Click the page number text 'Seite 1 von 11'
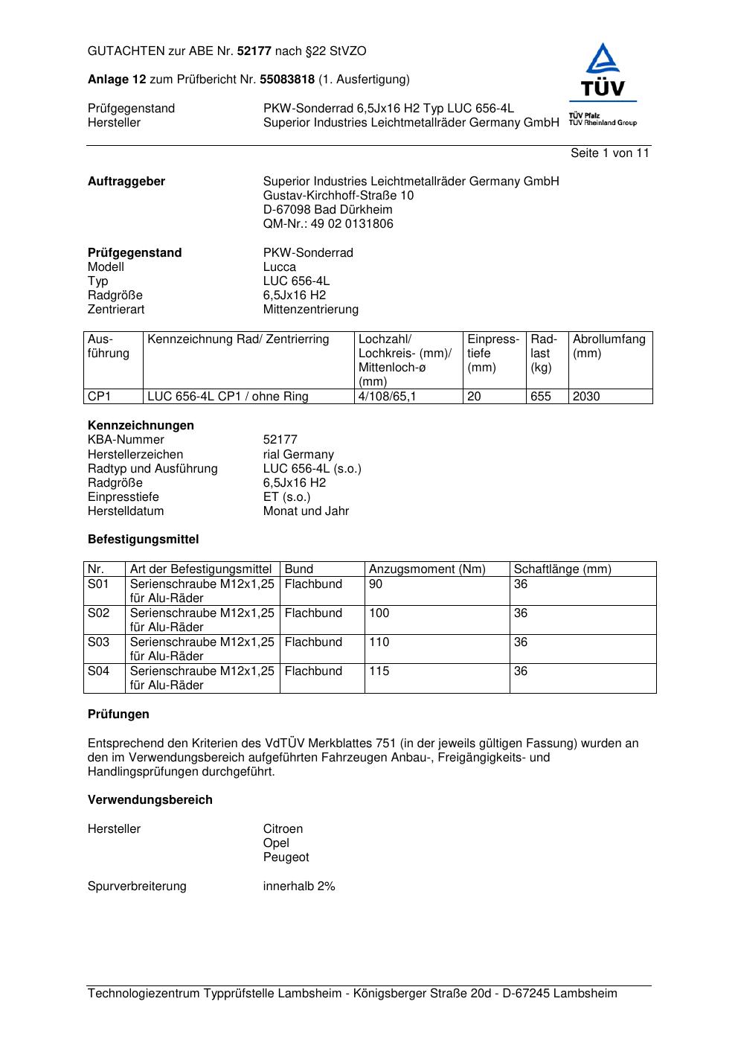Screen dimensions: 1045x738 coord(609,153)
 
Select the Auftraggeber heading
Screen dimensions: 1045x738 coord(126,182)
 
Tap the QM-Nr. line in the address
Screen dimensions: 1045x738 coord(328,224)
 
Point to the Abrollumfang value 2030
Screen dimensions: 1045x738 coord(586,397)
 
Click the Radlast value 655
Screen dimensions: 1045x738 coord(541,397)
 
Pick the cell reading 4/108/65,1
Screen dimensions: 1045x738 coord(387,397)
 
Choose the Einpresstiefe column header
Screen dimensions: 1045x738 coord(493,354)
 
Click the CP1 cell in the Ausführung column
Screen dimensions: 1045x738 coord(99,397)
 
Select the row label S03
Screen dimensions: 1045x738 coord(99,642)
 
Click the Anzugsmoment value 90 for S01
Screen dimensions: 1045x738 coord(376,584)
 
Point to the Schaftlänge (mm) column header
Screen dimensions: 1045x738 coord(562,569)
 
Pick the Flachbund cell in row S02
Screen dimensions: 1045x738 coord(313,613)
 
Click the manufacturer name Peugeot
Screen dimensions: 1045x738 coord(286,857)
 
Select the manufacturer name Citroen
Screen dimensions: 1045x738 coord(283,829)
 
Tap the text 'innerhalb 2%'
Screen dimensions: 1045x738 coord(299,886)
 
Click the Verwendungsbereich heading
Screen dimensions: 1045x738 coord(150,800)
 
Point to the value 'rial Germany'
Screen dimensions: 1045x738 coord(298,455)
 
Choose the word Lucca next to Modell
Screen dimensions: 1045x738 coord(280,267)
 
